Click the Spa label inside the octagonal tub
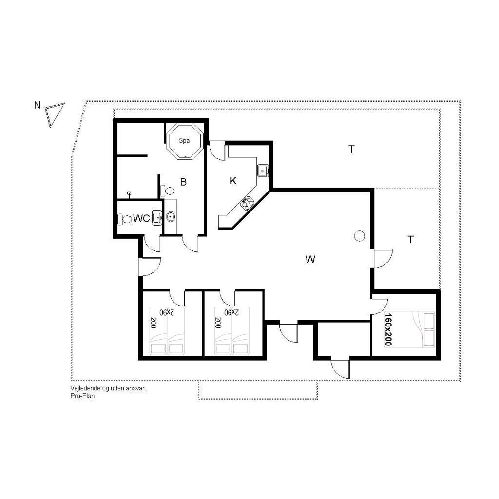[184, 141]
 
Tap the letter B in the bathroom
[183, 182]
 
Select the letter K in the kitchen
[233, 181]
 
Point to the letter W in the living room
[310, 259]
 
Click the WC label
[141, 218]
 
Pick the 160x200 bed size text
[388, 329]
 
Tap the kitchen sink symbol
[263, 171]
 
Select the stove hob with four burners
[247, 204]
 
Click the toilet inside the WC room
[125, 219]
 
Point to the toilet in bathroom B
[168, 191]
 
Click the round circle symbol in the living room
[359, 236]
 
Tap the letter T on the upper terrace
[351, 149]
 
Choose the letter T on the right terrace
[410, 239]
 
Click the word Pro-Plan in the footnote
[83, 396]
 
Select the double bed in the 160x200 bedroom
[409, 329]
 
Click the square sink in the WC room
[157, 218]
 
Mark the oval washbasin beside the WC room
[171, 217]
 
